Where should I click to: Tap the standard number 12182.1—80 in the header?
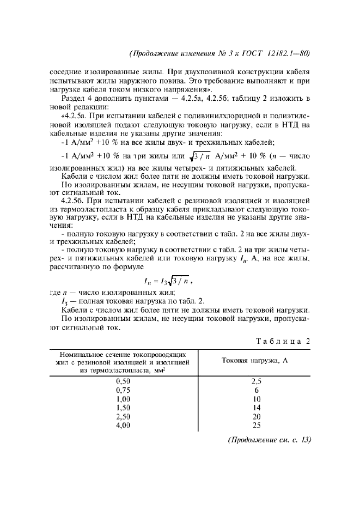pyautogui.click(x=289, y=53)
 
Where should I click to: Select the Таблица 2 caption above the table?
pyautogui.click(x=283, y=341)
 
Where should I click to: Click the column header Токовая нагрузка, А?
pyautogui.click(x=254, y=361)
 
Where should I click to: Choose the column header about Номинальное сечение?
pyautogui.click(x=123, y=361)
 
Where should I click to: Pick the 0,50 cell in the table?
pyautogui.click(x=124, y=381)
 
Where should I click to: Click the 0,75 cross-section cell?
pyautogui.click(x=124, y=390)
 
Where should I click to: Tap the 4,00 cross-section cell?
pyautogui.click(x=124, y=425)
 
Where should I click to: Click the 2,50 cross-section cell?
pyautogui.click(x=124, y=416)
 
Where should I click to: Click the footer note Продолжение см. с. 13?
pyautogui.click(x=269, y=441)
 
